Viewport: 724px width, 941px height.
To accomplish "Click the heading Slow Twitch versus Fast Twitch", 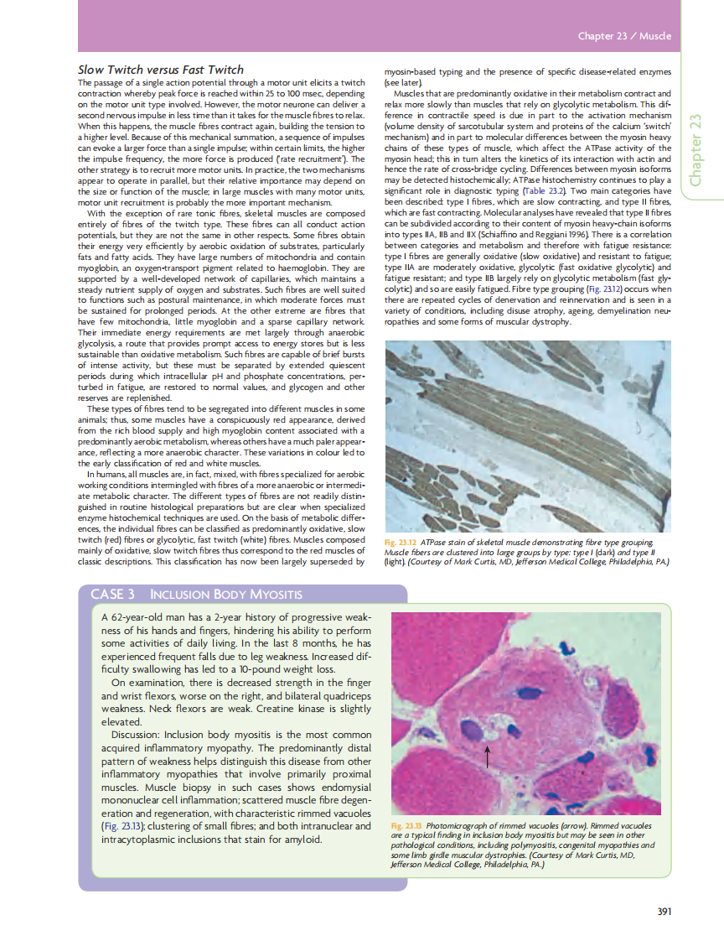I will (160, 70).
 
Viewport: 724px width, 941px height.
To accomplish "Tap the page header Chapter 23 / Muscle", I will (624, 37).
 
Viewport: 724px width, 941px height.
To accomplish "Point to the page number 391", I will (665, 912).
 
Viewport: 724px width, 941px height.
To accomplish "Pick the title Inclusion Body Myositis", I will (225, 595).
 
